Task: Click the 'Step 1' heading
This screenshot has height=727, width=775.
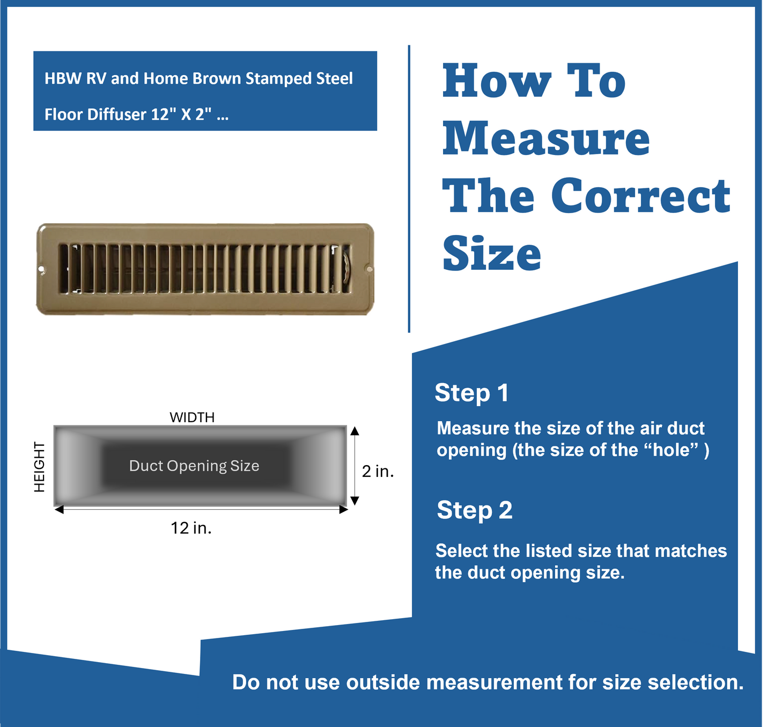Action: (x=471, y=393)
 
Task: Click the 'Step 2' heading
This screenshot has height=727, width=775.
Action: (x=474, y=510)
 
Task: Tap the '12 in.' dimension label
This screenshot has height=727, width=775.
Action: (x=191, y=528)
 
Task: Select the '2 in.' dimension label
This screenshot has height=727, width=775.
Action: (x=378, y=472)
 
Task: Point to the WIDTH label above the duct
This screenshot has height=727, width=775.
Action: (x=192, y=417)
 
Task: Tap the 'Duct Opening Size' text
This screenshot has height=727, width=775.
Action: (x=194, y=466)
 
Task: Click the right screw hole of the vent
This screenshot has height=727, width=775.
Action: (x=368, y=268)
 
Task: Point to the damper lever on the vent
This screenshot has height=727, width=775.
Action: (x=346, y=268)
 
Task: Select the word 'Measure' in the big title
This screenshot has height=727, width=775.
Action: (x=546, y=138)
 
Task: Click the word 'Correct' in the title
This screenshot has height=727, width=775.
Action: (x=640, y=196)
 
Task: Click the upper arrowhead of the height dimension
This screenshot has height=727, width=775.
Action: (x=354, y=431)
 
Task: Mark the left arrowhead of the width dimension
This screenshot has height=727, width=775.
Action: (x=59, y=510)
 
